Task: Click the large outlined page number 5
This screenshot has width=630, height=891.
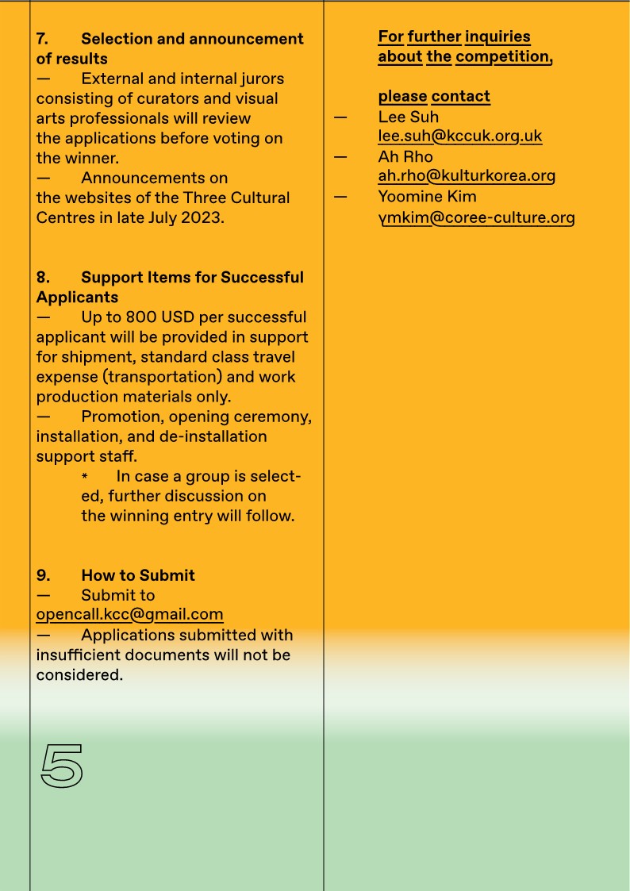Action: click(x=61, y=766)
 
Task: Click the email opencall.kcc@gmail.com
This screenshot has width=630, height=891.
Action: click(x=129, y=614)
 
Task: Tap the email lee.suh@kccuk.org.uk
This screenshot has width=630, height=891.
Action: click(x=459, y=136)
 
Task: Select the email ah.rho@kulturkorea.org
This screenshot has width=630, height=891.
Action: click(x=466, y=175)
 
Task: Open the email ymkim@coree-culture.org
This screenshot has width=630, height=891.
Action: click(x=476, y=217)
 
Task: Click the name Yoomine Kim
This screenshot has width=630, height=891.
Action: click(x=427, y=196)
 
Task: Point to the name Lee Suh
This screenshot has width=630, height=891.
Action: click(x=408, y=117)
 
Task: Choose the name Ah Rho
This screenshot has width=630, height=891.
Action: click(x=405, y=156)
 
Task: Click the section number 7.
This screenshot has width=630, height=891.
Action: click(x=42, y=39)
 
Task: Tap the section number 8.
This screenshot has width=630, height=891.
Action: click(x=42, y=277)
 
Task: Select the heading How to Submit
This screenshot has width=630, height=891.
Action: click(x=137, y=575)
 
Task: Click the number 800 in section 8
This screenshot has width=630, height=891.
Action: click(x=141, y=317)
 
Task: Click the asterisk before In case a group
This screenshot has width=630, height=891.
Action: click(x=85, y=477)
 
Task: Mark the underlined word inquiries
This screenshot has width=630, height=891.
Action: click(x=497, y=36)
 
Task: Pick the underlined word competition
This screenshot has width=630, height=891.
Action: click(x=503, y=56)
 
